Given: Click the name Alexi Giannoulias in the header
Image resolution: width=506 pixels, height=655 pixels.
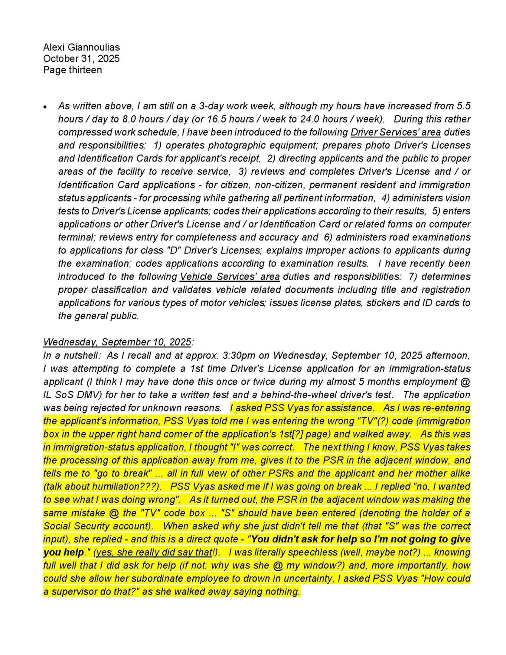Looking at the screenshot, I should pos(81,47).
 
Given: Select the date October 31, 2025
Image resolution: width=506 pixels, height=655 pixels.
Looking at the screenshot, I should pos(81,59).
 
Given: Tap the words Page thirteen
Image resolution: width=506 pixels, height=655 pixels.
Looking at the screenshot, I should pos(72,70).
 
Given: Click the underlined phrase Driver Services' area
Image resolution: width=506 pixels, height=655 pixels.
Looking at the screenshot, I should pos(395,132).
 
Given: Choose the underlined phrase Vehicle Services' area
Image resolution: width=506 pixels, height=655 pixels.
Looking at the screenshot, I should pos(230,277).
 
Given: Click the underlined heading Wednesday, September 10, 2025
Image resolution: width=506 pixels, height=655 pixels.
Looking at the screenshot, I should pos(117,342).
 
